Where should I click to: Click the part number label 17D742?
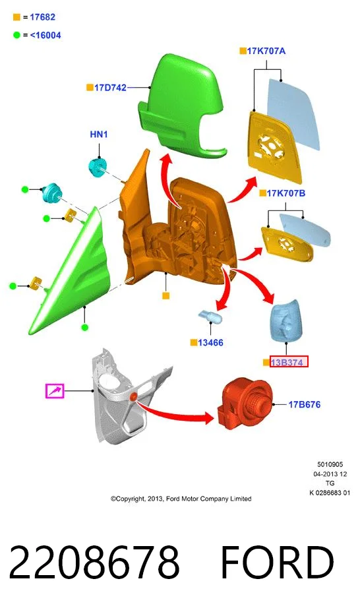(110, 88)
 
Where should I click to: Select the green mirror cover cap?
(180, 106)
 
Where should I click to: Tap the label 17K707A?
(266, 51)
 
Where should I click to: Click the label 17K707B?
(286, 193)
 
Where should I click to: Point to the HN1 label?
(99, 135)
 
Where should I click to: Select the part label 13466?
(210, 343)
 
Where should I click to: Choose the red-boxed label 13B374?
(289, 362)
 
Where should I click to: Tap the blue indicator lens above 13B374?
(285, 321)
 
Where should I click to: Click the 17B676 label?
(304, 404)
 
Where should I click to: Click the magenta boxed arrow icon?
(55, 391)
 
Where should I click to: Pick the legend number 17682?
(43, 17)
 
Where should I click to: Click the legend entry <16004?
(45, 35)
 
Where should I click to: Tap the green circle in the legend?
(16, 35)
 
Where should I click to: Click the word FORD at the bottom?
(277, 563)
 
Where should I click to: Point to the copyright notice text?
(181, 499)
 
